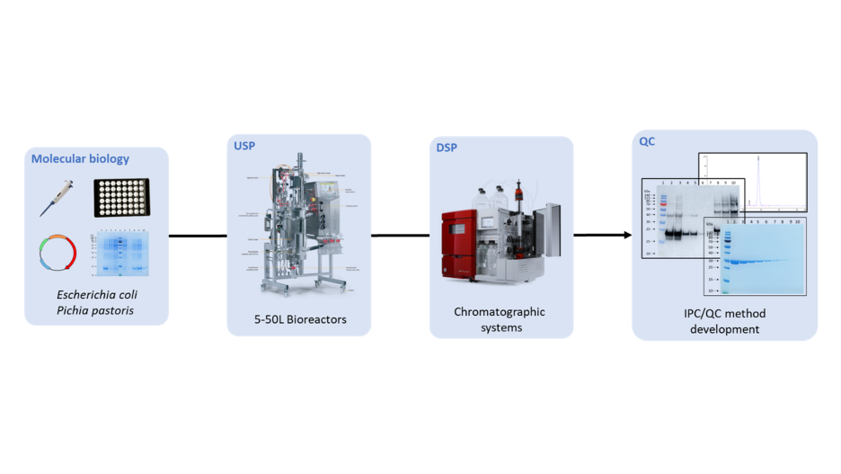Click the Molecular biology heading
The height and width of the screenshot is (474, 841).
click(x=80, y=159)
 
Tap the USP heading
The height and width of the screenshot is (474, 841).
click(x=244, y=146)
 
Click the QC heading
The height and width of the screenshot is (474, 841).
click(x=647, y=142)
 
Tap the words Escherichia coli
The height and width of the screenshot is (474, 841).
click(x=97, y=294)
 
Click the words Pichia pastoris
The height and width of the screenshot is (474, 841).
click(x=97, y=310)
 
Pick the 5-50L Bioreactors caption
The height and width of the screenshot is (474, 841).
click(x=298, y=320)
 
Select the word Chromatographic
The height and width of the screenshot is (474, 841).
click(x=500, y=312)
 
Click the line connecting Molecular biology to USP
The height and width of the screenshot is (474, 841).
click(x=198, y=237)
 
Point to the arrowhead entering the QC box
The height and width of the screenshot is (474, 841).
click(x=625, y=236)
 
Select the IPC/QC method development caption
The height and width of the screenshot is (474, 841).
click(x=724, y=322)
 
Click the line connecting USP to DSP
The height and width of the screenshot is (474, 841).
click(x=400, y=236)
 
